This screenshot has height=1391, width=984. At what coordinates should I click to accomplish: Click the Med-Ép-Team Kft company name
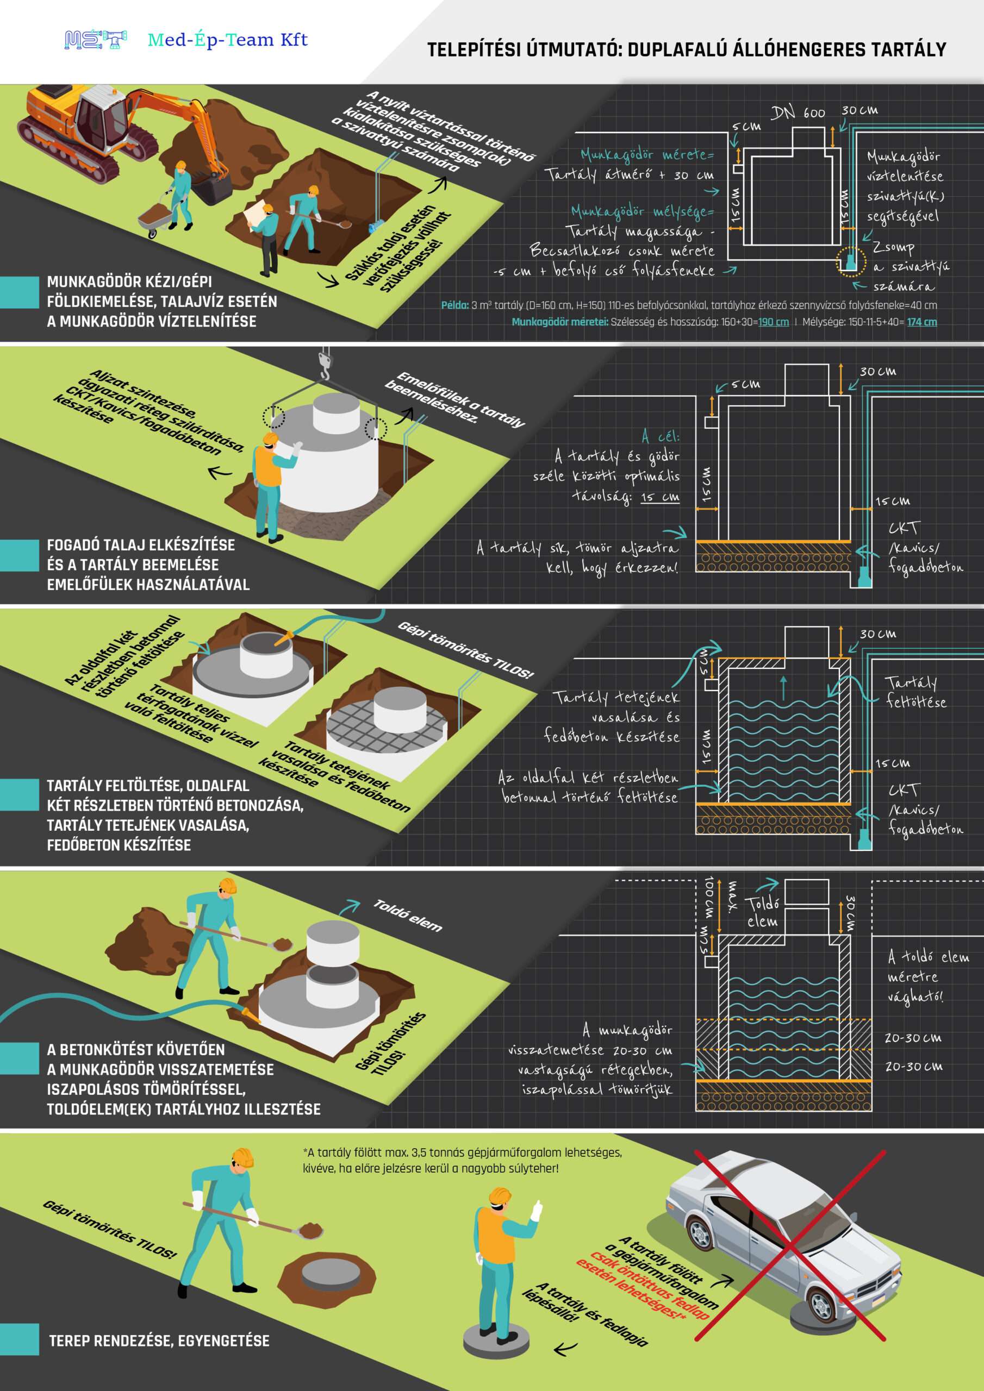point(228,40)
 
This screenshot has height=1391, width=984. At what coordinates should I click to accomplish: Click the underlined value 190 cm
point(773,322)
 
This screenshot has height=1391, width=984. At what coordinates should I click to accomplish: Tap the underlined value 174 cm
point(921,322)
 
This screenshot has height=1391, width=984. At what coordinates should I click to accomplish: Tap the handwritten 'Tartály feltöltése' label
point(916,692)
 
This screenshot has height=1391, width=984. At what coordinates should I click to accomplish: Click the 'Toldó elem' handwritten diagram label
point(763,912)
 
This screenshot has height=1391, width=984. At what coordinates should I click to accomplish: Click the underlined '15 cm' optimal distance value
point(660,497)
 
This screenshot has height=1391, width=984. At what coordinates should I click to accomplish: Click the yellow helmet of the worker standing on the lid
point(501,1195)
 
